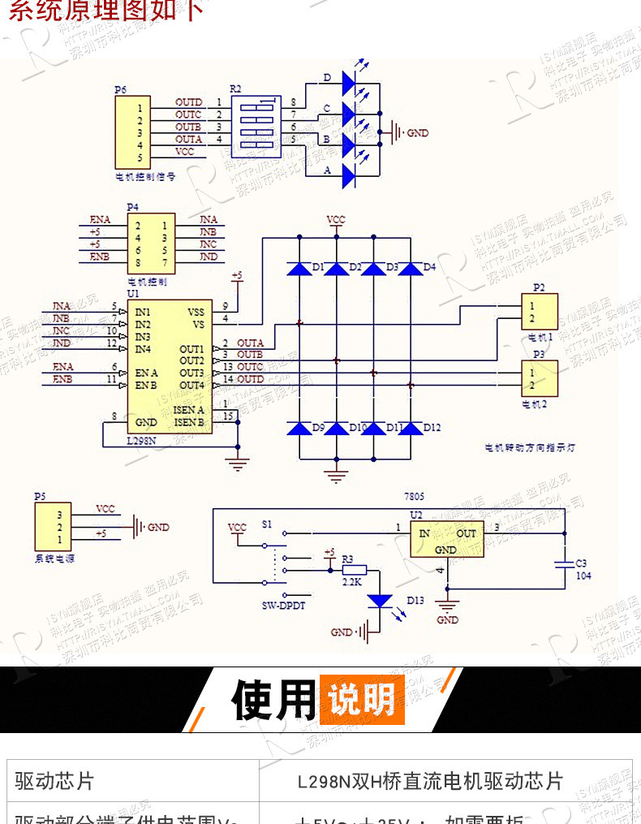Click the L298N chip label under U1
[x=142, y=441]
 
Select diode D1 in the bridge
[x=301, y=267]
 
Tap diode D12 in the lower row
[x=411, y=428]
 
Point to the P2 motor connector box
[x=539, y=311]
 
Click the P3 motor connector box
[x=539, y=377]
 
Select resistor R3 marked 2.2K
[x=354, y=570]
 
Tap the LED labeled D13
[x=380, y=601]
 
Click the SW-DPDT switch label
[x=282, y=606]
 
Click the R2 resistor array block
[x=256, y=126]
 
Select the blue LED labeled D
[x=349, y=81]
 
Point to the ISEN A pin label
[x=188, y=411]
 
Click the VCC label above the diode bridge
[x=335, y=220]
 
